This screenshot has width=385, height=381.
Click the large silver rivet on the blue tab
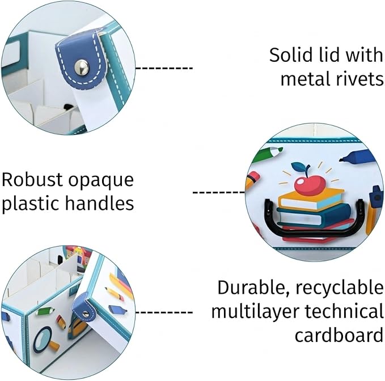(x=82, y=67)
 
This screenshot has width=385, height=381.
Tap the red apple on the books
(x=310, y=185)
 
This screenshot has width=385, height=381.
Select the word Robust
(x=32, y=180)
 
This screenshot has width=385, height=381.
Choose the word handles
(x=99, y=203)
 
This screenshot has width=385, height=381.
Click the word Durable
(x=253, y=287)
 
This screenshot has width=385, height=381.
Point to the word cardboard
(x=339, y=335)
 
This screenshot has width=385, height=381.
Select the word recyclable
(x=339, y=288)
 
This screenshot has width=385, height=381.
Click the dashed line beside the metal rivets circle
(x=164, y=68)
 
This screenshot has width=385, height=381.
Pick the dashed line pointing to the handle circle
(x=219, y=192)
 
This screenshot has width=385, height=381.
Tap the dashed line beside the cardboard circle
(x=164, y=312)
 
